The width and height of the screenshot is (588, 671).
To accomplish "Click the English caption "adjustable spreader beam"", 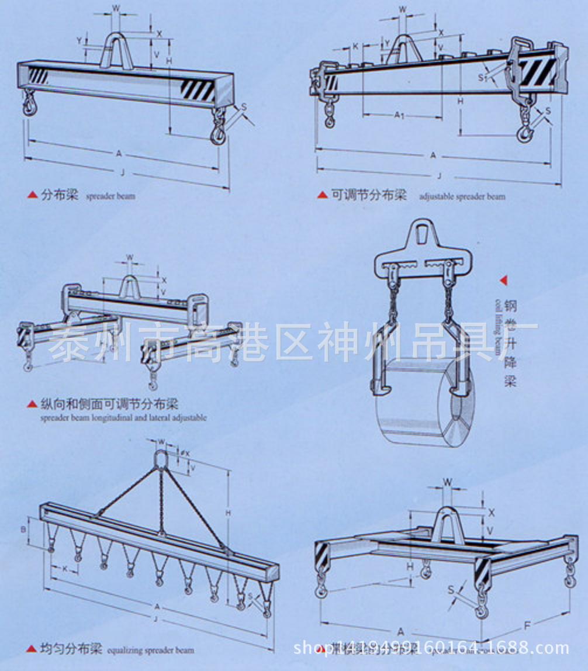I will (462, 196).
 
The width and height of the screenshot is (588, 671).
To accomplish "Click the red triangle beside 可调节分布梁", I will (323, 195).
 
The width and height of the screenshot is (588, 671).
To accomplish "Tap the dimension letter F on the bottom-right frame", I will (527, 625).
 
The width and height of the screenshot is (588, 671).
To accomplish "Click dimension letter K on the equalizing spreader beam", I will (65, 568).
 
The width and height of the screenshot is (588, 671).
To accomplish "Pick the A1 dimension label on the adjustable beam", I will (399, 115).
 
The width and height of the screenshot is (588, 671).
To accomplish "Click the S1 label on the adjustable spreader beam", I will (480, 77).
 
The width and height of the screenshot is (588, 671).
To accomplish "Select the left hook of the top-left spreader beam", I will (29, 106).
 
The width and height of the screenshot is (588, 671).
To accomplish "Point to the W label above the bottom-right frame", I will (448, 482).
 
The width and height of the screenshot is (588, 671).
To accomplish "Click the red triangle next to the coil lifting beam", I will (503, 281).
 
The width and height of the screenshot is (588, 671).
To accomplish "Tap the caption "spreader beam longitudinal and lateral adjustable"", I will (123, 418).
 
